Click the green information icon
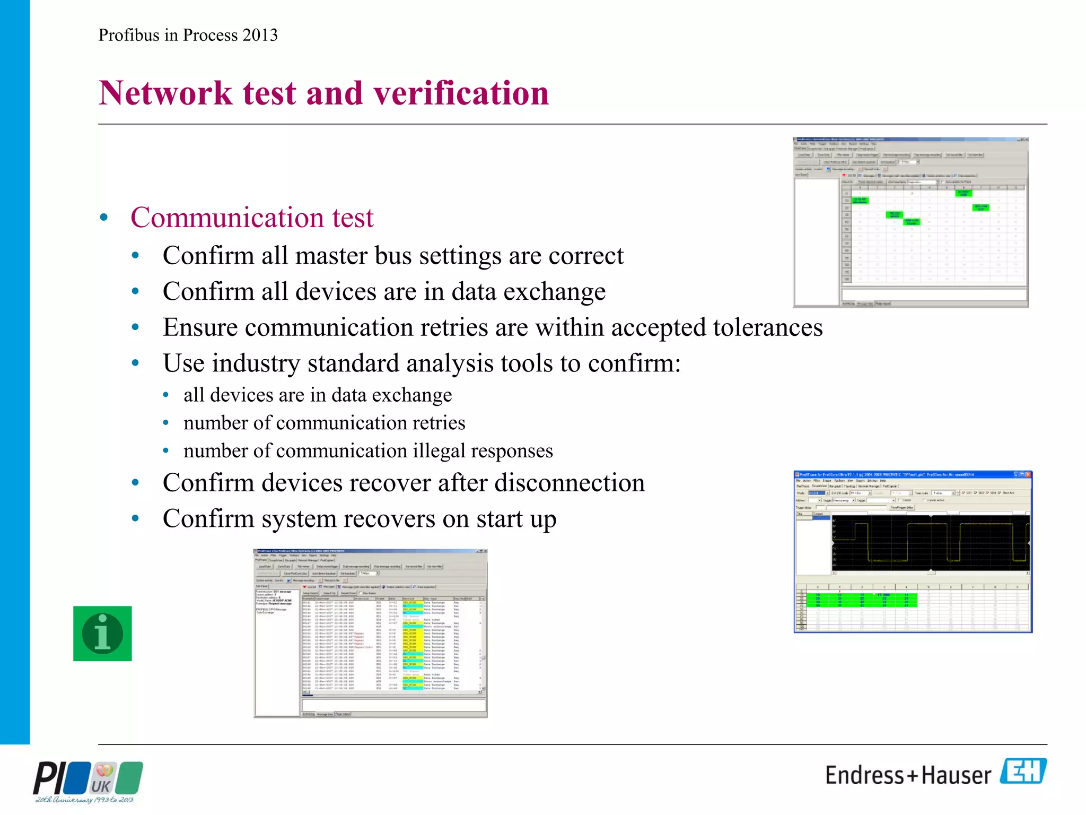(102, 634)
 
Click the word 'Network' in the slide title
(165, 93)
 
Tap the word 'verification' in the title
(461, 93)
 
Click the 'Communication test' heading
(252, 218)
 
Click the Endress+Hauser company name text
(907, 775)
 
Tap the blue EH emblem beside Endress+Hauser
(1023, 771)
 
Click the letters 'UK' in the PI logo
(101, 786)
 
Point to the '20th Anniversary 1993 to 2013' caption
(84, 800)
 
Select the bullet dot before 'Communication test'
(104, 218)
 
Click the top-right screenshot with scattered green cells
(910, 222)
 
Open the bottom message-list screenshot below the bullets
(370, 634)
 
